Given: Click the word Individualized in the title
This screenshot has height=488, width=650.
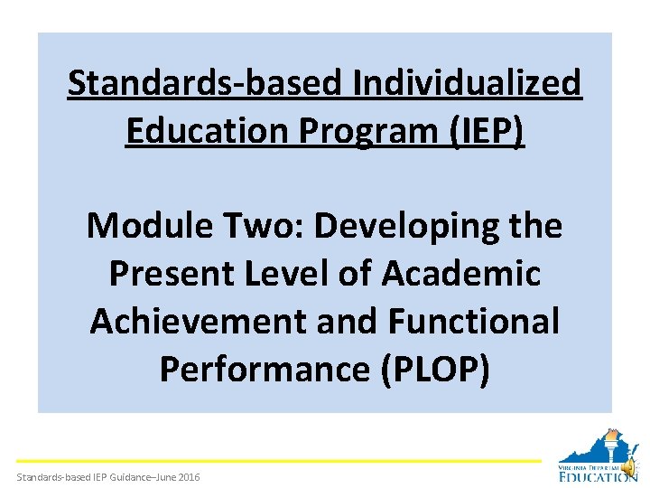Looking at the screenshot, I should [x=467, y=84].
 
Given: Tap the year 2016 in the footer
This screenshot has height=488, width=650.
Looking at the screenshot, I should [x=188, y=477].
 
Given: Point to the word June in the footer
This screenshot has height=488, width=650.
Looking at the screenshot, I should [x=162, y=477].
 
